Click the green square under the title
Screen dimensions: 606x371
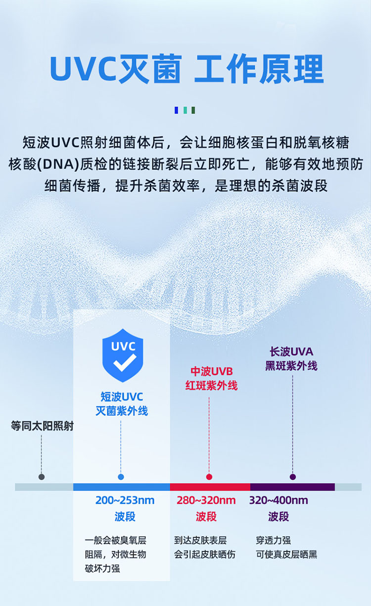click(193, 110)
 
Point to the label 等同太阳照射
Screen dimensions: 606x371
click(42, 426)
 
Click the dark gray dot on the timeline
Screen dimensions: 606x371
click(42, 477)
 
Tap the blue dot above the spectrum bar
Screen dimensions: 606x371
click(121, 477)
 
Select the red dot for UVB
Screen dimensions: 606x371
click(209, 477)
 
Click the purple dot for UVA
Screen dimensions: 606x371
click(293, 477)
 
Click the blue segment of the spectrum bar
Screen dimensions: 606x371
click(121, 487)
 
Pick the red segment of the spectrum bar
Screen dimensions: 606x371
click(210, 487)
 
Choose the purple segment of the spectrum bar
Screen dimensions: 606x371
click(292, 487)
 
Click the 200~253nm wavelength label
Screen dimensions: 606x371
click(125, 501)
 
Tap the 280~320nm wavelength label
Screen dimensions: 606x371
click(206, 501)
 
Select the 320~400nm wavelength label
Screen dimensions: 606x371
click(278, 501)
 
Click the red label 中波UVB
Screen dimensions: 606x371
click(212, 371)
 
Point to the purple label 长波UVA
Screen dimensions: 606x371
click(291, 352)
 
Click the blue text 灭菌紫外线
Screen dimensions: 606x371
click(122, 411)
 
